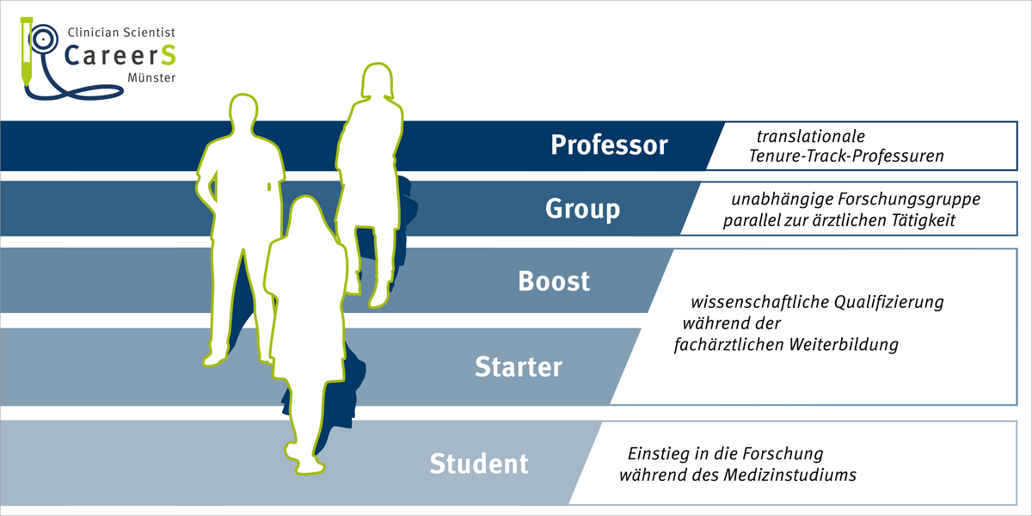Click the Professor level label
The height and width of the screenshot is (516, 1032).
(609, 145)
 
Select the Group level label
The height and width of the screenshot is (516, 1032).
(582, 209)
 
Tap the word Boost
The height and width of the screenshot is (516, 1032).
(554, 281)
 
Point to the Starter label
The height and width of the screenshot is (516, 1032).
(519, 367)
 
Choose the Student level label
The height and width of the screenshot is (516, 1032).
(479, 464)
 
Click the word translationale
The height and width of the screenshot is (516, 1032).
(810, 137)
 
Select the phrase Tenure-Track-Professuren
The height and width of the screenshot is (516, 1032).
(846, 157)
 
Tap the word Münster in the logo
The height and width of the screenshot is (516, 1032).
(150, 78)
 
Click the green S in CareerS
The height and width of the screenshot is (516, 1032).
(168, 55)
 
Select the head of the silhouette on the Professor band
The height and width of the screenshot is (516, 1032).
(376, 84)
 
